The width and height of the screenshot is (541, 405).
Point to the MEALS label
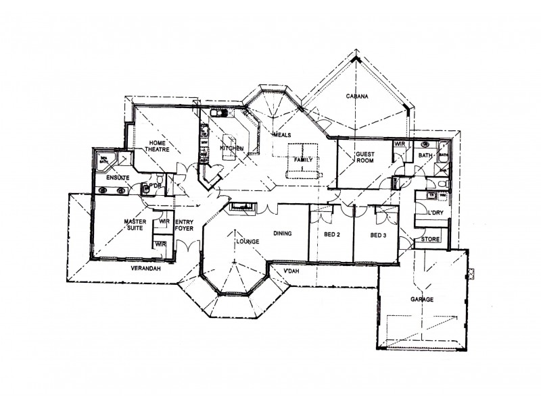coord(281,135)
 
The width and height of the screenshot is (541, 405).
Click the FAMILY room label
coord(302,160)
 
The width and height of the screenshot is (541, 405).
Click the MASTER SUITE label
coord(135,224)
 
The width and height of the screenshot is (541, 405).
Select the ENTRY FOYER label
coord(184,225)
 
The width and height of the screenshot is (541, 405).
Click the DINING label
coord(283,234)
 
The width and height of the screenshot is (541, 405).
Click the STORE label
coord(431,240)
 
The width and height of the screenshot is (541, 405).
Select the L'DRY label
coord(434,214)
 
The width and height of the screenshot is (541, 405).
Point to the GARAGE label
coord(421,298)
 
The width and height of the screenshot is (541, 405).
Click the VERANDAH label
coord(146,269)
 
